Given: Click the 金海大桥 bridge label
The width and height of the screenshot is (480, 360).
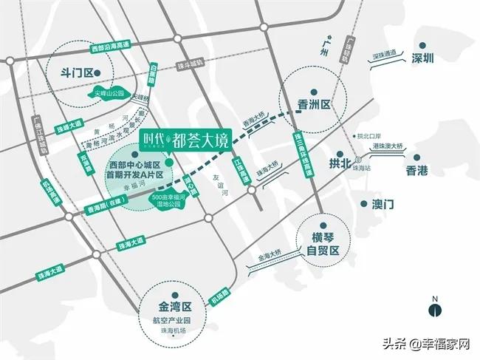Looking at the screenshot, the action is [x=270, y=258].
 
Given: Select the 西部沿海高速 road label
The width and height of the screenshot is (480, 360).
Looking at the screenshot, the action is [x=109, y=47].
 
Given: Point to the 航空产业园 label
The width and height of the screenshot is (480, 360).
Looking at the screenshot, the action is [x=174, y=319].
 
